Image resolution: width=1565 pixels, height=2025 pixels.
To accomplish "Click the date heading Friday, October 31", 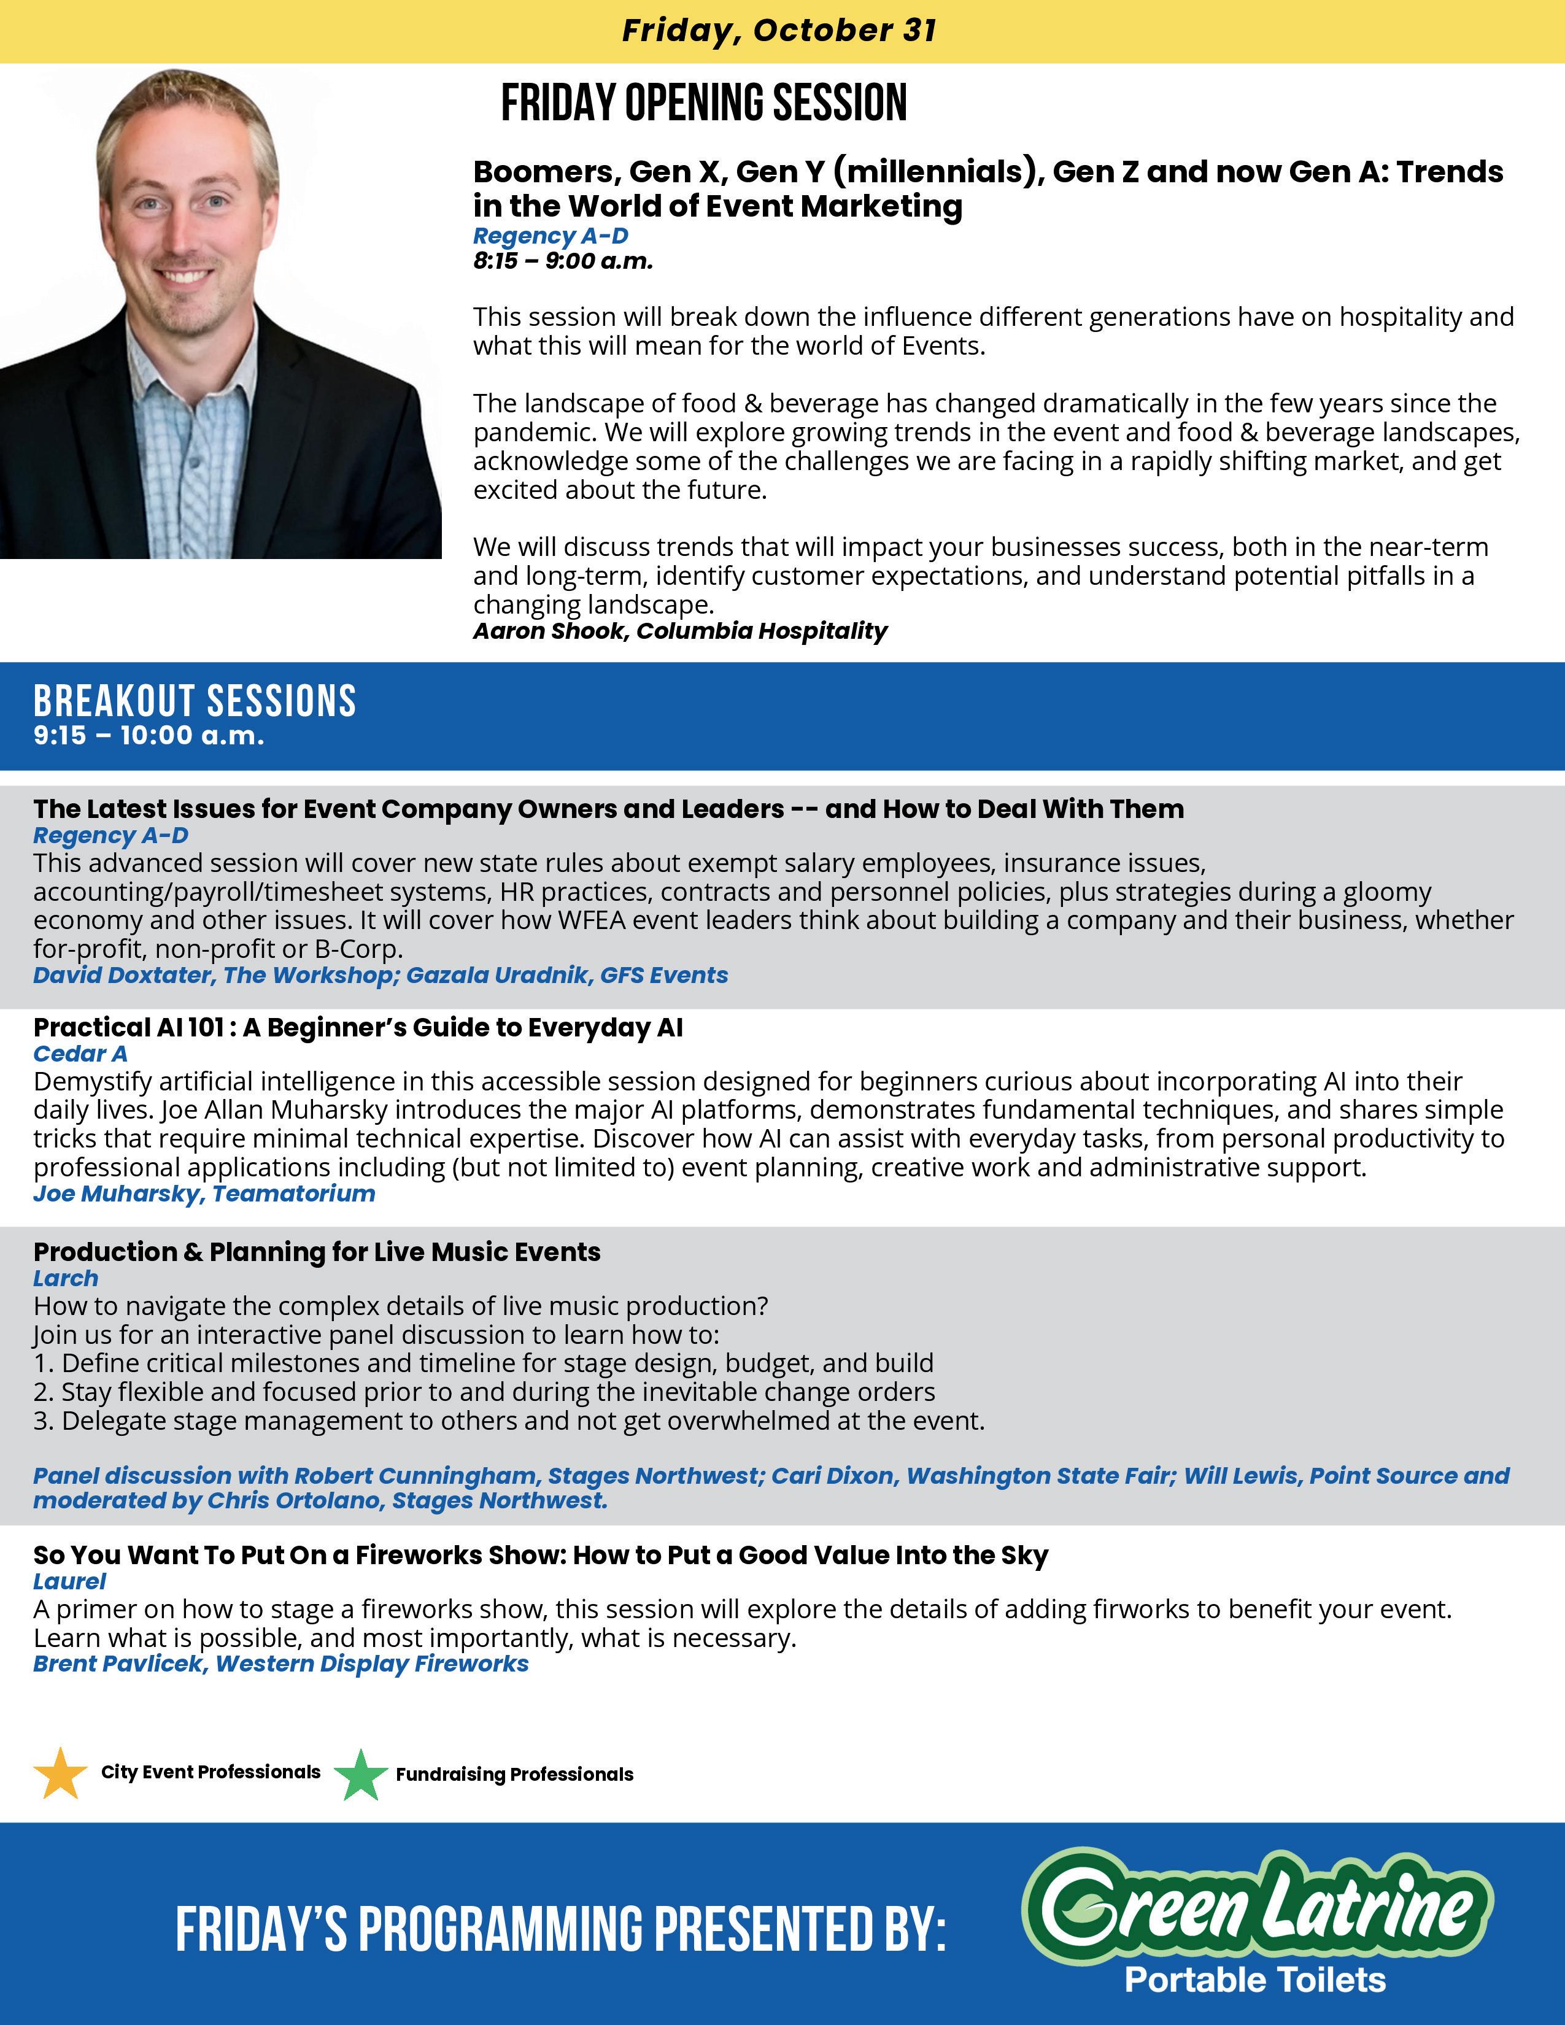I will pyautogui.click(x=779, y=31).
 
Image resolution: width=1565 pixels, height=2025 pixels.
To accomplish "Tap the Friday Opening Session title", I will pyautogui.click(x=704, y=103).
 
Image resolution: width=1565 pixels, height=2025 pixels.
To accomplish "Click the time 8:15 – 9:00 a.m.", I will pyautogui.click(x=563, y=261).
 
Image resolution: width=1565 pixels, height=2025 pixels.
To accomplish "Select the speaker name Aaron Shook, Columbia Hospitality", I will pyautogui.click(x=679, y=631).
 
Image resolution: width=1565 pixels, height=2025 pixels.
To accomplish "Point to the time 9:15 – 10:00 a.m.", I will pyautogui.click(x=149, y=736).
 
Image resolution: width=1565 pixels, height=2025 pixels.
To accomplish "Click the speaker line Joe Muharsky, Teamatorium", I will pyautogui.click(x=204, y=1194).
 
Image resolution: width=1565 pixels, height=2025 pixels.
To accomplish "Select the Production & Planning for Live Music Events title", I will pyautogui.click(x=317, y=1252).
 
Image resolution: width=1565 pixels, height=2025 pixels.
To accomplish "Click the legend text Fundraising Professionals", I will pyautogui.click(x=514, y=1775).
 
